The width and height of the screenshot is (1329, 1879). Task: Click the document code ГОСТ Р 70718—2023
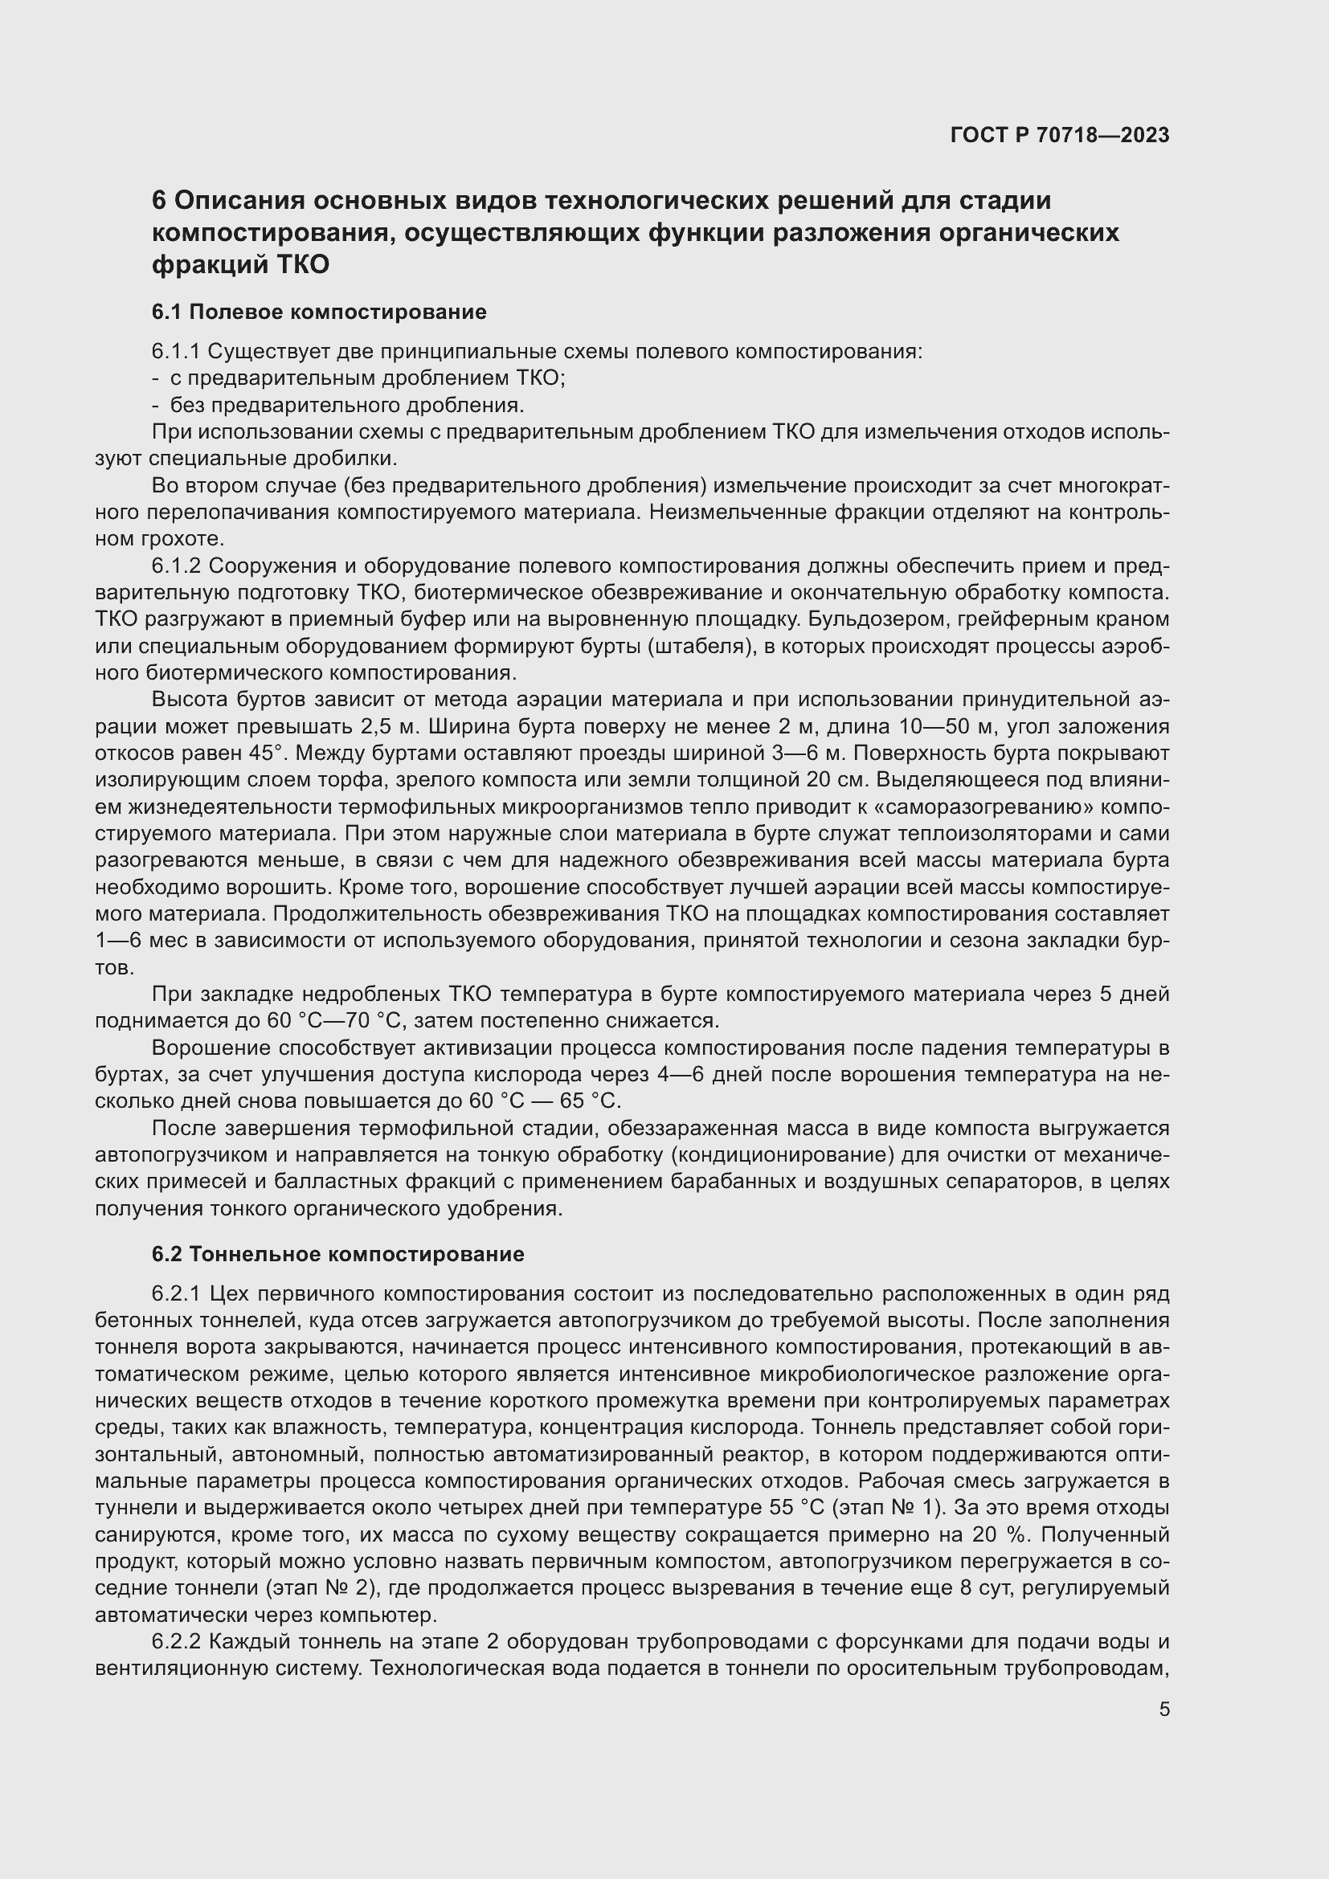(x=1060, y=135)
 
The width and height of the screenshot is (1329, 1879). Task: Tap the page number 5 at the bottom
(x=1163, y=1709)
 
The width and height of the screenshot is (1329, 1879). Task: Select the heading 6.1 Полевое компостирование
(x=319, y=312)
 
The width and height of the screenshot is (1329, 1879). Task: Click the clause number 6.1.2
(x=177, y=566)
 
